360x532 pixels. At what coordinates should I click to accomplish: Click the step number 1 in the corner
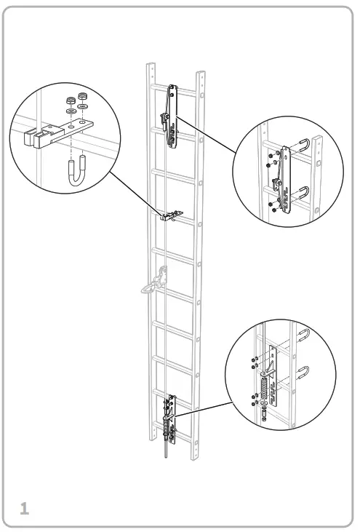click(x=23, y=508)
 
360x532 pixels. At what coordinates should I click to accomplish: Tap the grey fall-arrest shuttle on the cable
click(x=159, y=281)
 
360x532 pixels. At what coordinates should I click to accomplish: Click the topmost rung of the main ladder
click(x=175, y=90)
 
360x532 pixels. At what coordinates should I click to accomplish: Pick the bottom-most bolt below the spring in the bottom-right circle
click(x=264, y=418)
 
